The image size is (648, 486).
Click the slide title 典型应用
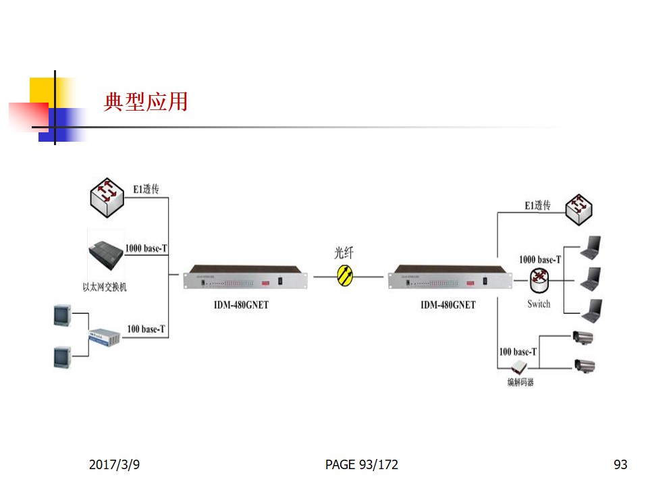tap(145, 102)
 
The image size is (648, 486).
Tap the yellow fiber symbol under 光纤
tap(345, 275)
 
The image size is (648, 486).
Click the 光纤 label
tap(344, 253)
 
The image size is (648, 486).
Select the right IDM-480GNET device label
tap(448, 305)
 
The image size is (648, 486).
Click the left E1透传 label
tap(146, 190)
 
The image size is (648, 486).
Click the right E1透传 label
tap(538, 205)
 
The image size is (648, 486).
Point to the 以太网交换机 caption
tap(105, 287)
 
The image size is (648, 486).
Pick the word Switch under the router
tap(539, 304)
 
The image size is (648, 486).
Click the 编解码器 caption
tap(520, 383)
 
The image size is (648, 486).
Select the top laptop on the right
tap(591, 248)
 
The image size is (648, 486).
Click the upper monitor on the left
tap(63, 316)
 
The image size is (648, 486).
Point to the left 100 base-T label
tap(146, 329)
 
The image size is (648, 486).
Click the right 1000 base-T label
tap(539, 259)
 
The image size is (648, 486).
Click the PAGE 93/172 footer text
tap(361, 464)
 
